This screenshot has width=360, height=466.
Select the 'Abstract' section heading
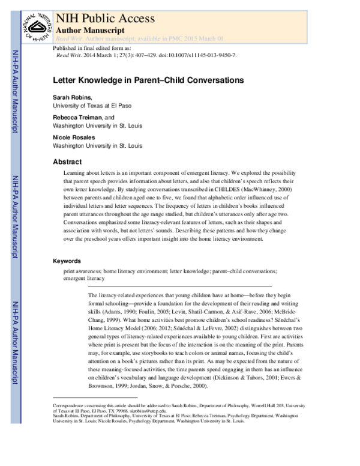tap(67, 162)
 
